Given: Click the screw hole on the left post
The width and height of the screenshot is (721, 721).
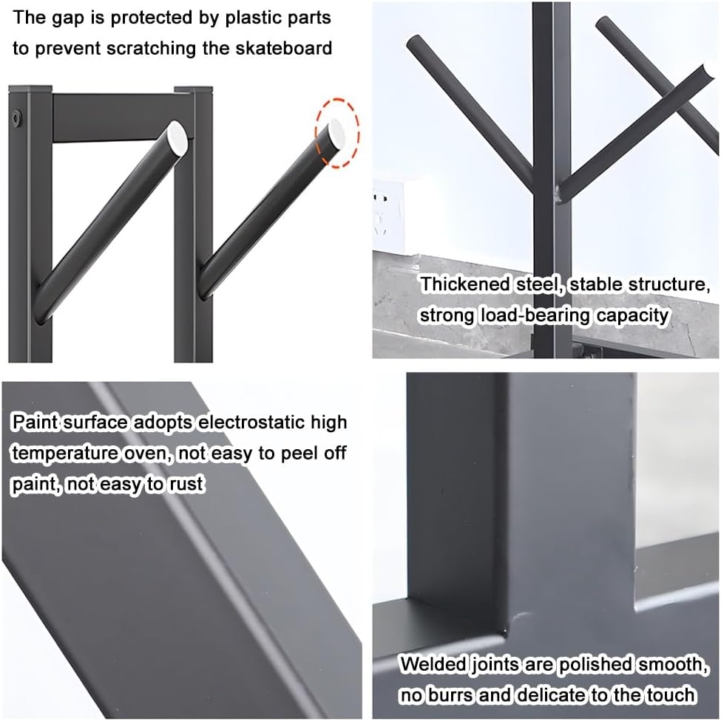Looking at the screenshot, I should [17, 117].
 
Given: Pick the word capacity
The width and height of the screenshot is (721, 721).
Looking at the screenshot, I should [632, 315].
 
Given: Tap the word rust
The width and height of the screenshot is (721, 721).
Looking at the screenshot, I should [187, 485].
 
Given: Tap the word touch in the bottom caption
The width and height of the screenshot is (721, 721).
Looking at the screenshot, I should [670, 695].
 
